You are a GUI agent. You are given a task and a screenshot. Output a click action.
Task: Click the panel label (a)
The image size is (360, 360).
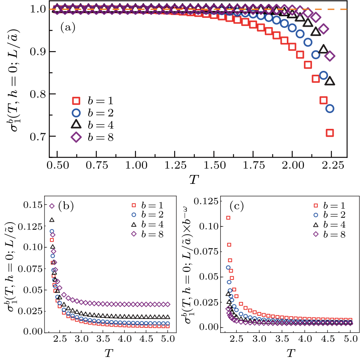[x=67, y=28]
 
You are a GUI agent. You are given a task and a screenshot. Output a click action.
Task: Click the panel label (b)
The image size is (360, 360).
[x=67, y=207]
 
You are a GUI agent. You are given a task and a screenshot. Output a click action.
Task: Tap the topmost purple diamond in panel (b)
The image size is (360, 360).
[x=51, y=206]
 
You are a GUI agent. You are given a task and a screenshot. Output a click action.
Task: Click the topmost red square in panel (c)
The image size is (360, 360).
[x=228, y=218]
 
